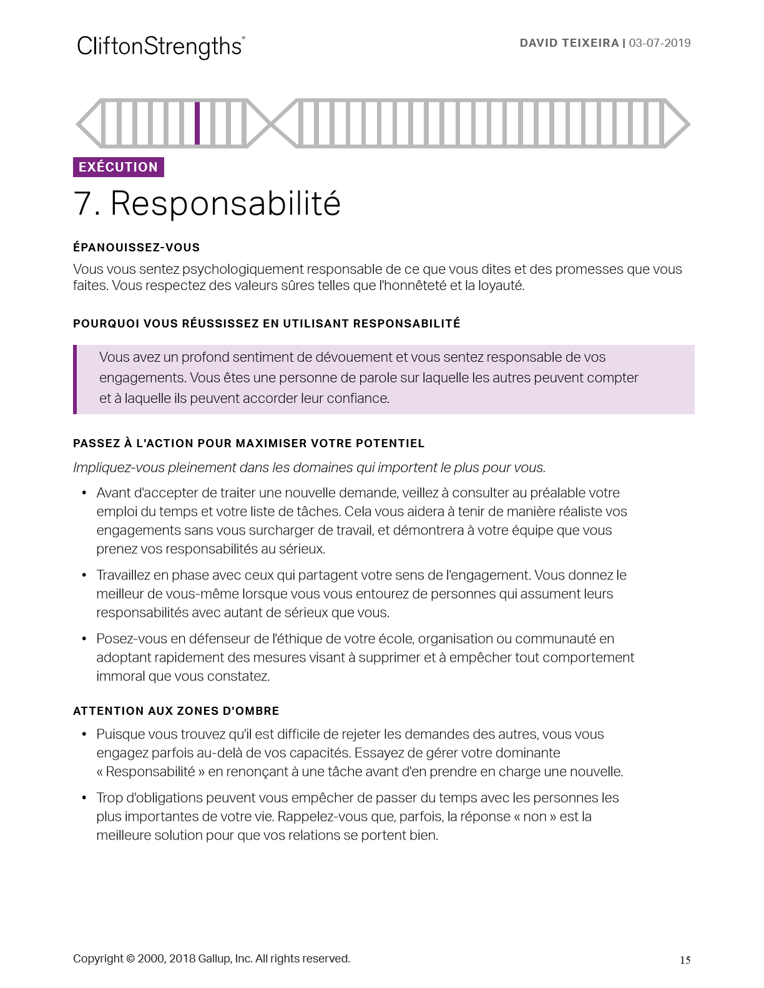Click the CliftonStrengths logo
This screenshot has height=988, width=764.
pos(160,47)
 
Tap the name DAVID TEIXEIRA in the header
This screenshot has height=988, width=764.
pos(569,43)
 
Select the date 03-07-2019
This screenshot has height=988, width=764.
pos(660,43)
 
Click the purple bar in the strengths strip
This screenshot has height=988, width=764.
pos(197,123)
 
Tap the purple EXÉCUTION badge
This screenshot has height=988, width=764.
pos(119,167)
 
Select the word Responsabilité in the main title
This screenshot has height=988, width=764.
pos(225,204)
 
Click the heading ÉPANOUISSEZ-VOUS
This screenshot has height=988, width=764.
pos(136,248)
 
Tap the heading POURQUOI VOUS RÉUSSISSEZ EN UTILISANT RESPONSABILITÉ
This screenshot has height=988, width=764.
pos(267,324)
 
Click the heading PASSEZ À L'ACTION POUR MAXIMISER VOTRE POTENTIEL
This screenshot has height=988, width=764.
pos(248,443)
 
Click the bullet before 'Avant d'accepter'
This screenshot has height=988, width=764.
pos(84,493)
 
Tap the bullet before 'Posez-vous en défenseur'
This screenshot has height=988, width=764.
pos(84,639)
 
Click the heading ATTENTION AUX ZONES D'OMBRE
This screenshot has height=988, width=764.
pos(176,711)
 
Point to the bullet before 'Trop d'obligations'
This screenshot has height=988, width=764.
pos(84,798)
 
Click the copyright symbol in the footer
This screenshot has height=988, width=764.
pos(130,959)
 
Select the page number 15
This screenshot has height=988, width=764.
pos(685,961)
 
